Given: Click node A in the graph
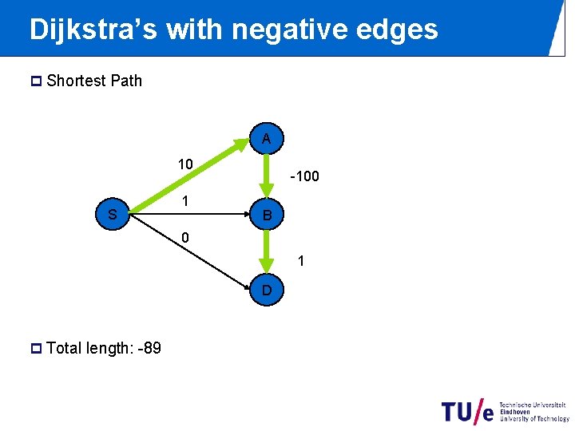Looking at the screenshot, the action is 267,138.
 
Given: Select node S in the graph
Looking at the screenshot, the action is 113,214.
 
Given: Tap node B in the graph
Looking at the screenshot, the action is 268,215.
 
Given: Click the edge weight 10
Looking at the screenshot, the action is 185,164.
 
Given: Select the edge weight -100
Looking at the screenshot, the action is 304,176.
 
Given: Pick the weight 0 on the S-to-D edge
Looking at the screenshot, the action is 185,238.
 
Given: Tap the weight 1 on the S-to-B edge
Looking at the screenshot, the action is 185,202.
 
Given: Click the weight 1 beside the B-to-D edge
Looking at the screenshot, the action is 301,260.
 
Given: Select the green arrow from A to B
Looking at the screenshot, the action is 267,175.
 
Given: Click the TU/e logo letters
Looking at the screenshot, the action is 468,410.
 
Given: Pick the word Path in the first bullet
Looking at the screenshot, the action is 126,81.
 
